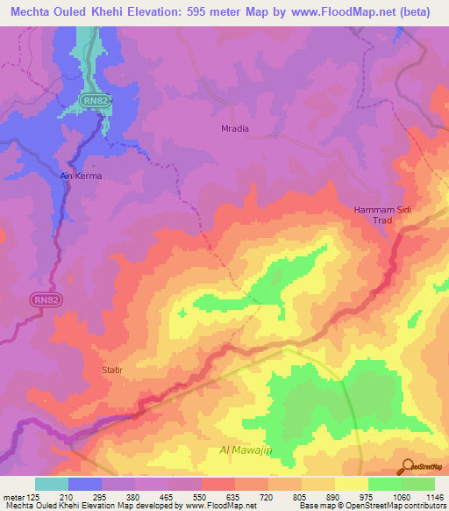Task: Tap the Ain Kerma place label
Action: pos(81,176)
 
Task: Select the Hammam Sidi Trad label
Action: pos(381,215)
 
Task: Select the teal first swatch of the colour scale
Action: pos(52,484)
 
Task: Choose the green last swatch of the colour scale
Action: pos(418,484)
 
